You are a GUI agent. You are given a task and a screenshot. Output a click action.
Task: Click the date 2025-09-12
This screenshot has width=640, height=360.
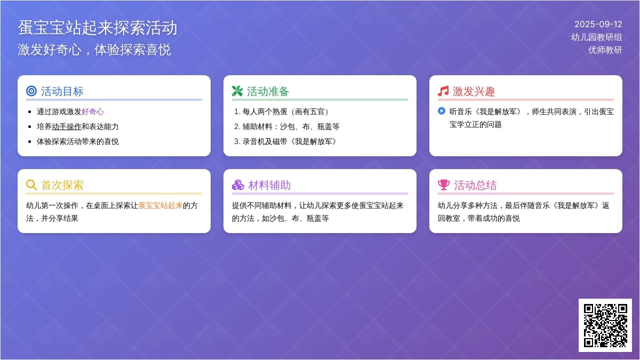coord(598,25)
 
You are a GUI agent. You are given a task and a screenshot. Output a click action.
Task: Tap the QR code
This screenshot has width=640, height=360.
coord(605,325)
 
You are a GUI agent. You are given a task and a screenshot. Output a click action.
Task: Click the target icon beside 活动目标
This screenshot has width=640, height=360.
coord(31,91)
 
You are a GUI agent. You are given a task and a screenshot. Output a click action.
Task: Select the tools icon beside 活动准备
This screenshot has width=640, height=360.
coord(237,91)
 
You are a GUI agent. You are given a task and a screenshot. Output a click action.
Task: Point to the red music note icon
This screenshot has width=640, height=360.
coord(443,91)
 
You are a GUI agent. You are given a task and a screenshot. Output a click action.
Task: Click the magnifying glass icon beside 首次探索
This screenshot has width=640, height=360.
coord(31,185)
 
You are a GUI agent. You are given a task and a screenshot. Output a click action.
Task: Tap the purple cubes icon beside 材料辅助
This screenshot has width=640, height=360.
coord(238,185)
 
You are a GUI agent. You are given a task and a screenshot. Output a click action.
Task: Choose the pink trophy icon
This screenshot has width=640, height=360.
coord(444,185)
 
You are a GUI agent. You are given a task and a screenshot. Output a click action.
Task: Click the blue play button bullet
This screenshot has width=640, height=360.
coord(442,111)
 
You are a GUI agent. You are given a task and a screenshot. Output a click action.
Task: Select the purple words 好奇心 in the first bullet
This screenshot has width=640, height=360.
coord(93,111)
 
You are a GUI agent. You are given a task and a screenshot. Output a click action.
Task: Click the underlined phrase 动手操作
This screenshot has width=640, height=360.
coord(67,126)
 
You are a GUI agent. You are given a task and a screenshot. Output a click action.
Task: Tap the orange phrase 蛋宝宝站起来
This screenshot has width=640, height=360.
coord(161,205)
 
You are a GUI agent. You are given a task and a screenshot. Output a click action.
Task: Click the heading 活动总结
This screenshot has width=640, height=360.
coord(475,185)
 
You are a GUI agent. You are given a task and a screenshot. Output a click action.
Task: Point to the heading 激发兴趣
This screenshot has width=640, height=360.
coord(474,91)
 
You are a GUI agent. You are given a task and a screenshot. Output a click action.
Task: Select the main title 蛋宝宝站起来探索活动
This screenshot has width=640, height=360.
coord(98,28)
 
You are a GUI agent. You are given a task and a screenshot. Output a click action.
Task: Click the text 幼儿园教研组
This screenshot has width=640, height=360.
coord(597,37)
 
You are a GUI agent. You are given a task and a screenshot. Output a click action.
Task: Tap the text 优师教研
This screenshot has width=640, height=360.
coord(605,50)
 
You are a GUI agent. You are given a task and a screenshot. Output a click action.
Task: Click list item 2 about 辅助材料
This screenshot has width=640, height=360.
coord(287,126)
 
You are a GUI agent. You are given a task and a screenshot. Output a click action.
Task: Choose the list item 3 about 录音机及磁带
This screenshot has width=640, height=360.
coord(286,141)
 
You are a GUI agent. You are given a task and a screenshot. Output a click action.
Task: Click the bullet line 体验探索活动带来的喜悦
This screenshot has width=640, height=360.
coord(78,141)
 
